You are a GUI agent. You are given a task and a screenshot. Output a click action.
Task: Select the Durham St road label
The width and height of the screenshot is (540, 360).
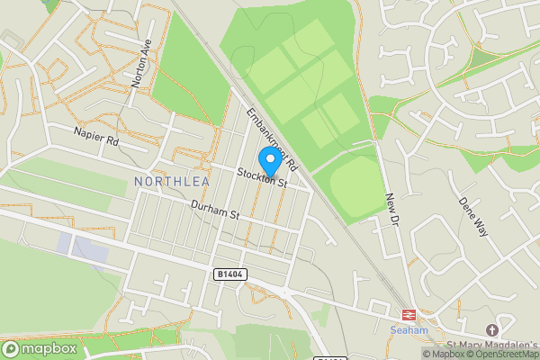[x=212, y=211]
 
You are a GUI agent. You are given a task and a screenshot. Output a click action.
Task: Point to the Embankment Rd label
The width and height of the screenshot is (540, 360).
[x=272, y=139]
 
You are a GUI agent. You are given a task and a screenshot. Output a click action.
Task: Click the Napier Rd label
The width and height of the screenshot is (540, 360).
[x=96, y=137]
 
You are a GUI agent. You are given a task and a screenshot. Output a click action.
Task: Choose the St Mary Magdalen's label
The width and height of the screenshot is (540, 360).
[x=491, y=345]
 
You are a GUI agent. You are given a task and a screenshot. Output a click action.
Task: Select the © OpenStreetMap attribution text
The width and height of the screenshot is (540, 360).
[x=502, y=354]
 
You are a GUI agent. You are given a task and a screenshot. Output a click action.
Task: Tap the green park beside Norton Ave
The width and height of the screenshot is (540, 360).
[x=184, y=76]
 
